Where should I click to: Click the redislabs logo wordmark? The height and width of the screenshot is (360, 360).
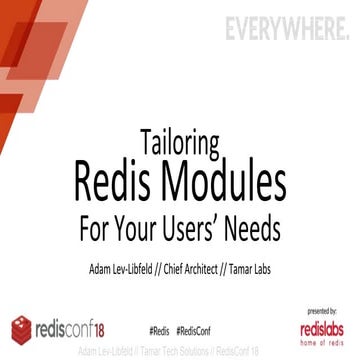(x=322, y=327)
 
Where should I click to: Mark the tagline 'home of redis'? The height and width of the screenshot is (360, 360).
(x=322, y=341)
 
